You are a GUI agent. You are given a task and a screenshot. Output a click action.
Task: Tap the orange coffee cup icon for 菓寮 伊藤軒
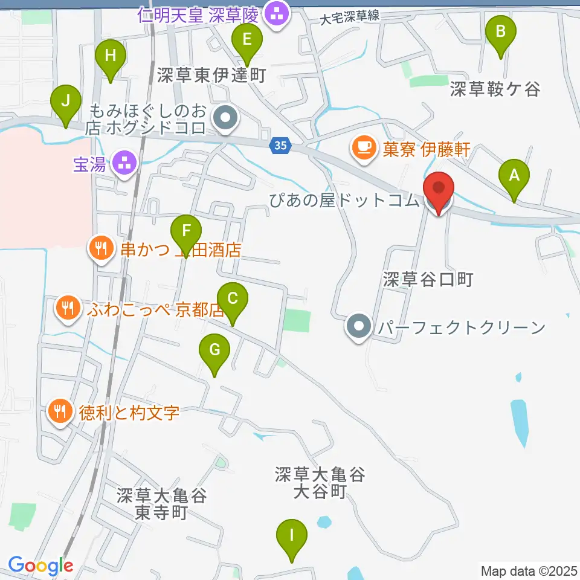click(x=364, y=148)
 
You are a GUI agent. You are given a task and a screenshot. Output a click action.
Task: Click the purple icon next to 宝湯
click(x=125, y=163)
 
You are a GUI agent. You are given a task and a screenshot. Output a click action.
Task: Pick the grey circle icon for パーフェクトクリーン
click(x=359, y=327)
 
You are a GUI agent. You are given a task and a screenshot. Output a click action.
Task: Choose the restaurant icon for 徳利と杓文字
click(x=59, y=413)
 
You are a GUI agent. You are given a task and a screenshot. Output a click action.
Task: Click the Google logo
click(x=40, y=566)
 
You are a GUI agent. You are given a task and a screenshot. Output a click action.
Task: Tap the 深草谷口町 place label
click(x=427, y=279)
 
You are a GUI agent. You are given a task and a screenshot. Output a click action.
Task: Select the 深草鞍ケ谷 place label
click(x=494, y=89)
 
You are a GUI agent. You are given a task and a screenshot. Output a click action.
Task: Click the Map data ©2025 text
click(x=528, y=570)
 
